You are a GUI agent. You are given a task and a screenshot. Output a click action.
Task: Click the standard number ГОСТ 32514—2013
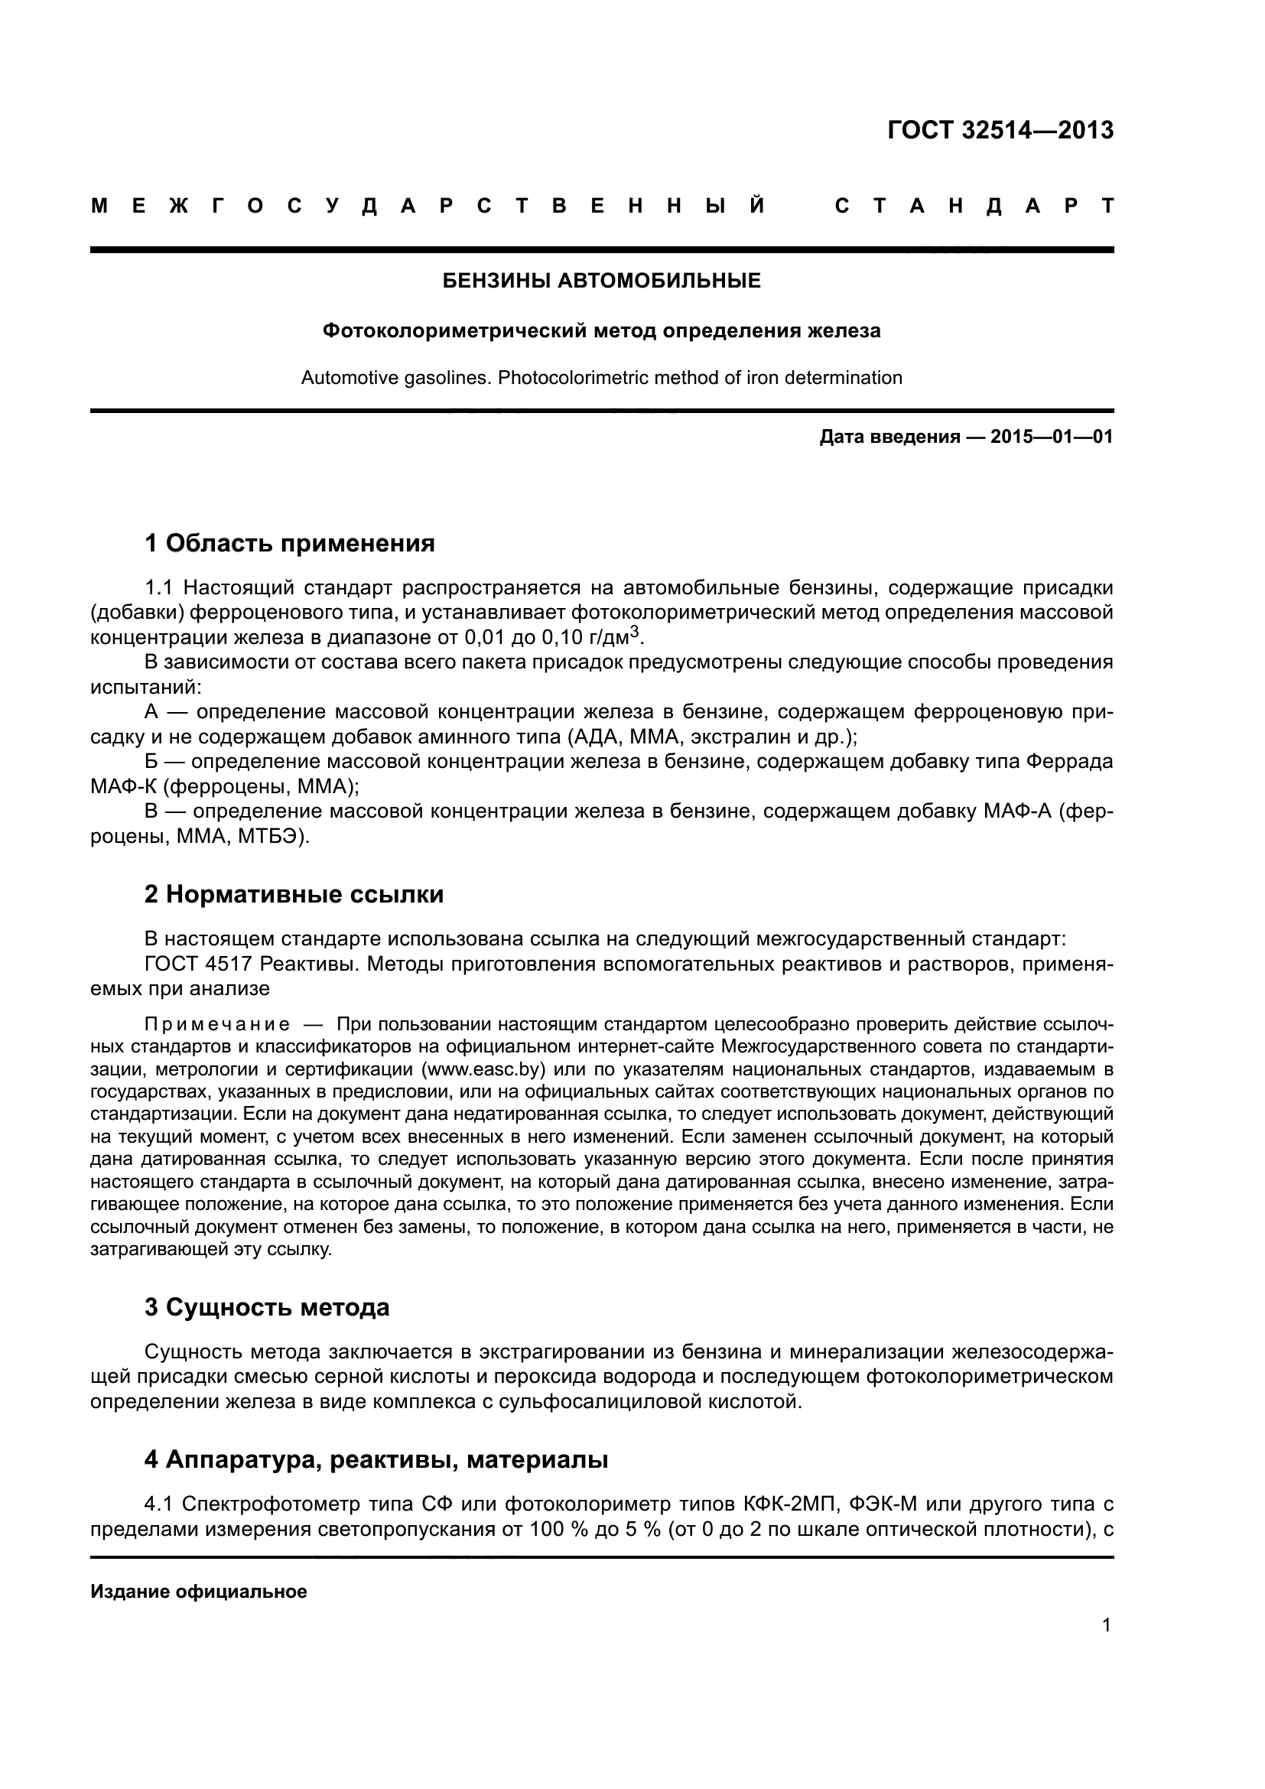(x=1000, y=130)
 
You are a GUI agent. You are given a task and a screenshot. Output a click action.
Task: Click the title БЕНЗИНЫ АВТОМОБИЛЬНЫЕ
(x=601, y=281)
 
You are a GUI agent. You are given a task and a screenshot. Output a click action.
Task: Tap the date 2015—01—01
(x=1051, y=436)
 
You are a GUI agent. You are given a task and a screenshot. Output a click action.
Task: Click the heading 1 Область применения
(x=289, y=543)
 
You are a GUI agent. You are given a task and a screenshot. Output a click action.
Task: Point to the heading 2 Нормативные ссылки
(x=294, y=895)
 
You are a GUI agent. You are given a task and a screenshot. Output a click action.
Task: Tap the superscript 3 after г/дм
(x=634, y=633)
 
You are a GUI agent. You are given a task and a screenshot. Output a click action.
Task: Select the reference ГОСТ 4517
(x=198, y=964)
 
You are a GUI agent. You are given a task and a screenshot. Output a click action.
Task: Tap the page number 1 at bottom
(x=1107, y=1625)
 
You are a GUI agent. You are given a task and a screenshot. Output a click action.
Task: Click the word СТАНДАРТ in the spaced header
(x=974, y=207)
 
